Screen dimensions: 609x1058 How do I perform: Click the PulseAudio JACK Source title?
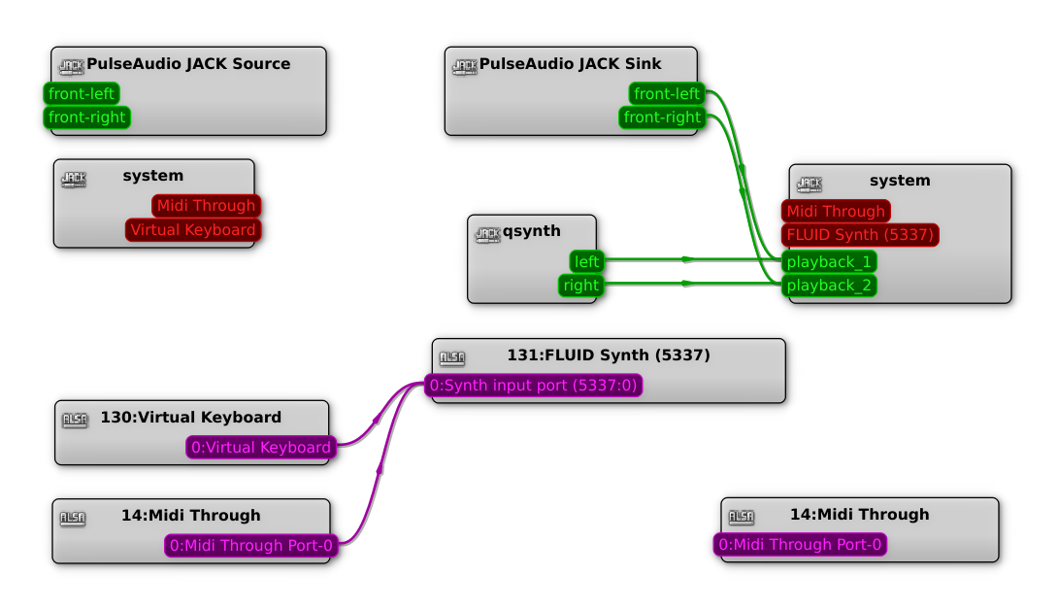tap(188, 64)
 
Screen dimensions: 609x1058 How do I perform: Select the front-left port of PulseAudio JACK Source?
tap(82, 94)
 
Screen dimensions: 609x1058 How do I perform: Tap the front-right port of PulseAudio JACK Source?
tap(86, 118)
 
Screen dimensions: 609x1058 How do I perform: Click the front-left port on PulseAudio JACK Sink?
tap(667, 94)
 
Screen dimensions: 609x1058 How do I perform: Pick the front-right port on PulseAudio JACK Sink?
tap(662, 118)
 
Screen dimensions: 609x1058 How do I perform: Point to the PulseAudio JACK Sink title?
tap(570, 64)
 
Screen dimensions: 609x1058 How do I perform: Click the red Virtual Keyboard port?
tap(193, 230)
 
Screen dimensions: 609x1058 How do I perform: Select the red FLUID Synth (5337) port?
tap(860, 235)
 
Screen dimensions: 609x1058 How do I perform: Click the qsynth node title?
tap(531, 231)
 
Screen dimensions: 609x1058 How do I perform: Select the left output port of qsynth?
tap(587, 261)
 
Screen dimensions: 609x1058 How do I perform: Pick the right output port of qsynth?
tap(581, 286)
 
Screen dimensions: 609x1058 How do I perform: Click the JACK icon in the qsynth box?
tap(487, 234)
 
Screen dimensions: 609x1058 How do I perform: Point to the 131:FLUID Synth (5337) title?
tap(609, 355)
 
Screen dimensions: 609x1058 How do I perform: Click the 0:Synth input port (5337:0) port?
tap(534, 387)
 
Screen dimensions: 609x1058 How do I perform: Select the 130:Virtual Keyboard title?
tap(190, 418)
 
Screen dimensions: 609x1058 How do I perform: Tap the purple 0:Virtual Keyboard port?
tap(261, 448)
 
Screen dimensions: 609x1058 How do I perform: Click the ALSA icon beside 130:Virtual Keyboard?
tap(75, 420)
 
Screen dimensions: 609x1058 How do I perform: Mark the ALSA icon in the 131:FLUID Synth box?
tap(452, 357)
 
